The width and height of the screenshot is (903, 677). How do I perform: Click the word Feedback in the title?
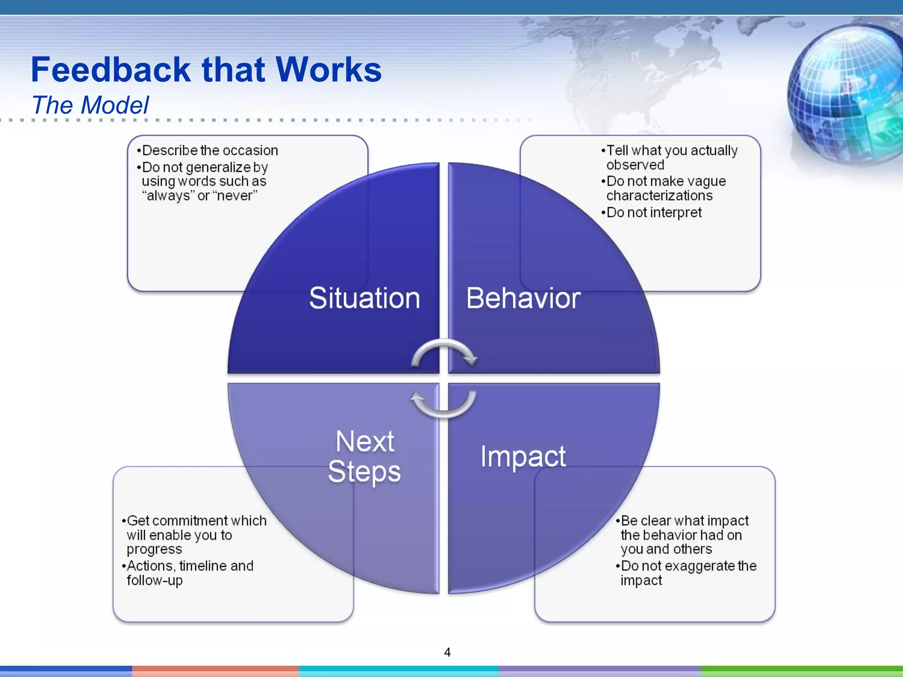point(111,70)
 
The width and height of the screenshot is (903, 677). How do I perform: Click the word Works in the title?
point(328,70)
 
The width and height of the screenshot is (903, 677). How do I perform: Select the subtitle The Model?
point(90,105)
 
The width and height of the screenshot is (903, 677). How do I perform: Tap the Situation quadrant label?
point(365,298)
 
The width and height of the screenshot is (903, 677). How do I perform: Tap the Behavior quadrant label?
point(523,298)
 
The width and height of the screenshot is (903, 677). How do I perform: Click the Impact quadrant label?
point(523,457)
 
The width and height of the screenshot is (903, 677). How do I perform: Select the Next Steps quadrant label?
point(365,457)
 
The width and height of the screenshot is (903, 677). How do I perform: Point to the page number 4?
point(447,652)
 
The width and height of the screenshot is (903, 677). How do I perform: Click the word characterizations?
point(659,196)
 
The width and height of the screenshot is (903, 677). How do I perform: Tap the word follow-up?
point(154,580)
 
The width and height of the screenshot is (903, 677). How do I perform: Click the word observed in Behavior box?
point(635,165)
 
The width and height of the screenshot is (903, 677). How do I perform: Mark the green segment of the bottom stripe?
point(802,671)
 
